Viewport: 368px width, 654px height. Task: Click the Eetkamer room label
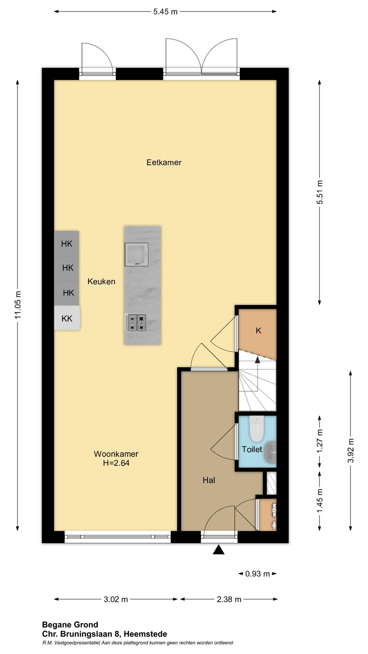[164, 162]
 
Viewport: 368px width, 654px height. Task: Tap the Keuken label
[101, 281]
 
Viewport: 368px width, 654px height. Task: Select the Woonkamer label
[116, 454]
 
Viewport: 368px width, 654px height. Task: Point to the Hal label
[209, 480]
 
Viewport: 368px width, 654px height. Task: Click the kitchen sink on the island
[136, 254]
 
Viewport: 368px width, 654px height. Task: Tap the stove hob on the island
[136, 323]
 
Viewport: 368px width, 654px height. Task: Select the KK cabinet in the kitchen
[67, 318]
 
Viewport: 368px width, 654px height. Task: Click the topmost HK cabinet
[66, 244]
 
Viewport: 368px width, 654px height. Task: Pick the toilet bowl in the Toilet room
[257, 429]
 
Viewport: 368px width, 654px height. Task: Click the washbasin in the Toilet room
[271, 452]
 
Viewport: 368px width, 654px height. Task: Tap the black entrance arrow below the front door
[218, 550]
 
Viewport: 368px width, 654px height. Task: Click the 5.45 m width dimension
[165, 12]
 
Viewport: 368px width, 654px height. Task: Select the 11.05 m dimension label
[18, 305]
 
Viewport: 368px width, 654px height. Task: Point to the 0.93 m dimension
[258, 574]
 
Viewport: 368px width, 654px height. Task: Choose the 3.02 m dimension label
[116, 599]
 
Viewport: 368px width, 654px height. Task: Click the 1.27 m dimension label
[320, 441]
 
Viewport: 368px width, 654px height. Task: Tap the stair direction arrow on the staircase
[258, 360]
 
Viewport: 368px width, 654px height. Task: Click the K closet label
[259, 330]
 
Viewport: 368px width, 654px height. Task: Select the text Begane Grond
[70, 625]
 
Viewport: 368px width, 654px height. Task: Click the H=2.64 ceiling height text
[116, 463]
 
